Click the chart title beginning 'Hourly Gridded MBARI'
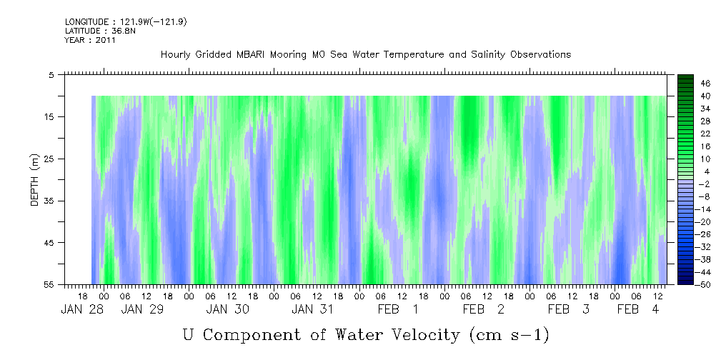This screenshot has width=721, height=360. click(x=366, y=54)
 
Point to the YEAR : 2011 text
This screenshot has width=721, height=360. click(x=90, y=40)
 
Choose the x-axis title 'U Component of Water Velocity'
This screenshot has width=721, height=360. click(x=366, y=334)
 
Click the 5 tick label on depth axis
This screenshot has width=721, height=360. click(x=51, y=74)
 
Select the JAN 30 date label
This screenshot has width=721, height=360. click(x=228, y=309)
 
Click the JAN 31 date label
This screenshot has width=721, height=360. click(x=312, y=309)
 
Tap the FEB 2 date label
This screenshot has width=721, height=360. click(x=484, y=309)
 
